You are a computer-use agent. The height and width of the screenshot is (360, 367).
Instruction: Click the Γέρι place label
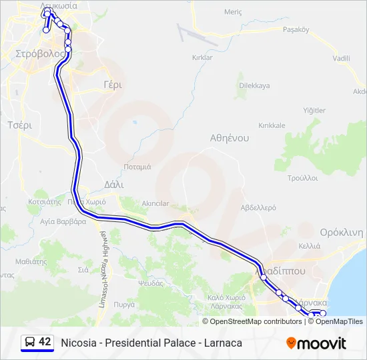coord(112,85)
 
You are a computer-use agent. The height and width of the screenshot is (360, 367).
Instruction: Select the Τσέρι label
coord(19,125)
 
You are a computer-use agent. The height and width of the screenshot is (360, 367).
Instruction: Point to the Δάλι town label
coord(114,184)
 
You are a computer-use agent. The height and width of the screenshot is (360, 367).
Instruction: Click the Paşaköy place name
coord(296,29)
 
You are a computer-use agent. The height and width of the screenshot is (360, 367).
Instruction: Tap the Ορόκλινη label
coord(341,233)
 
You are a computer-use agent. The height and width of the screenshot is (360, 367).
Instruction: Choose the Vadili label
coord(342,59)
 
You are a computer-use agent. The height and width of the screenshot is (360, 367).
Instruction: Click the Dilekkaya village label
coord(254,85)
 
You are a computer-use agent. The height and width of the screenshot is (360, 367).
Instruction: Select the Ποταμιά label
coord(137,167)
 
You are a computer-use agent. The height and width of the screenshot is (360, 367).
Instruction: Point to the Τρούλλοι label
coord(302,178)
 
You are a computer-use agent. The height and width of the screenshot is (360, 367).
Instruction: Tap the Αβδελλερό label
coord(258,207)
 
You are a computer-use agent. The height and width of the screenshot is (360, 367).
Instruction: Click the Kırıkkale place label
coord(272,125)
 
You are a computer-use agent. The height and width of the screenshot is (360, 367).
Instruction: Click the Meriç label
coord(233,12)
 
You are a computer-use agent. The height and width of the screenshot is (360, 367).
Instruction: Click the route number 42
coord(45,342)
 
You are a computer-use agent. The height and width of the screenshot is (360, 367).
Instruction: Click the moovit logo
coord(316,343)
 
